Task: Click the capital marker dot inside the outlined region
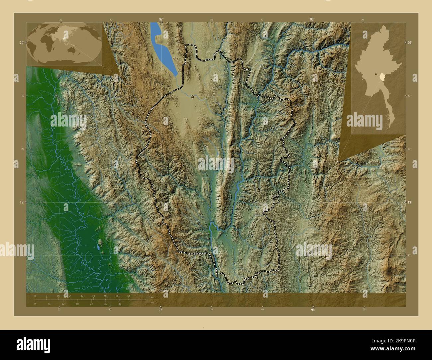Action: pos(192,97)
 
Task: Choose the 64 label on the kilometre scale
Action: pos(128,296)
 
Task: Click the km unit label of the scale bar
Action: pos(152,297)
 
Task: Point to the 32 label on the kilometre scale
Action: pos(82,296)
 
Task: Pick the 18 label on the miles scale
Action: pos(77,304)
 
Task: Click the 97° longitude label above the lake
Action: pos(161,19)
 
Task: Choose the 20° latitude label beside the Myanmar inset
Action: pos(409,43)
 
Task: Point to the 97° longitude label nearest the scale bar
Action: pos(161,310)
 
